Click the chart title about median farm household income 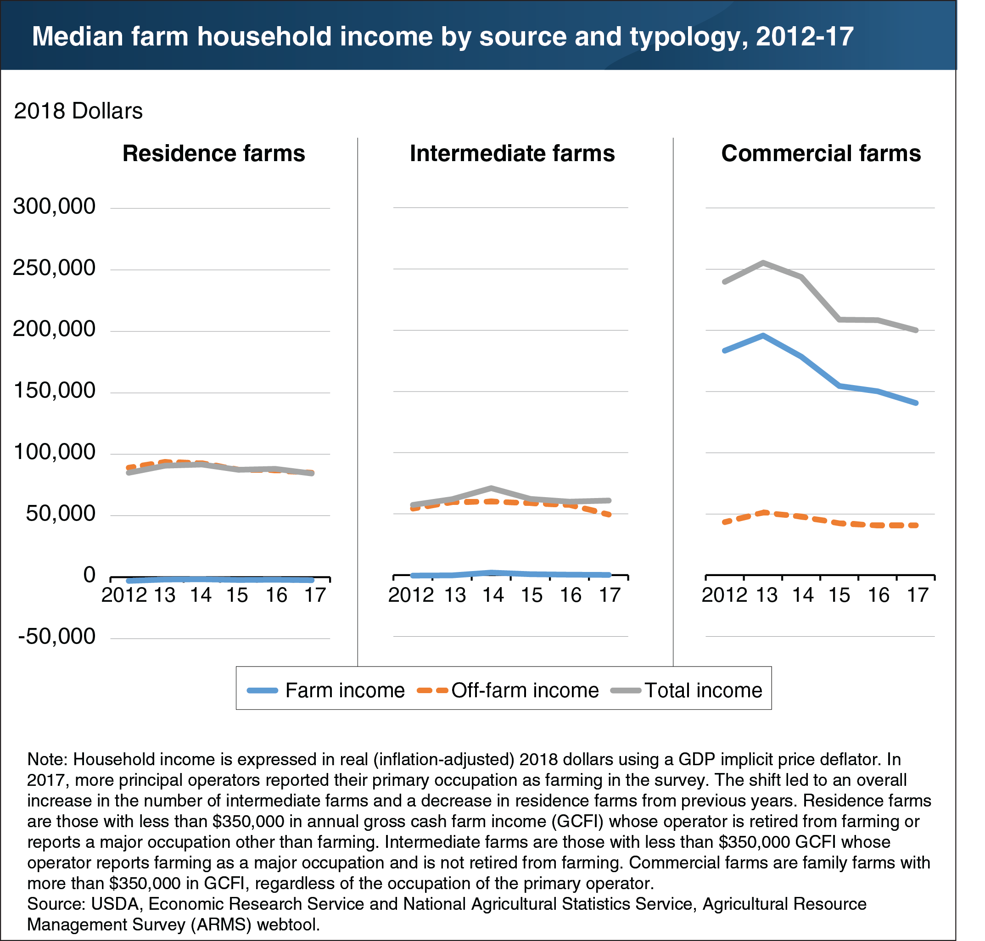[x=442, y=36]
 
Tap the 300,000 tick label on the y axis [x=54, y=206]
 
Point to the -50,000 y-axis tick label [x=56, y=636]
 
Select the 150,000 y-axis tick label [x=54, y=390]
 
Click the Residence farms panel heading [x=213, y=153]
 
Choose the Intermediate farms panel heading [x=512, y=153]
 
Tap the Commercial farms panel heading [x=821, y=153]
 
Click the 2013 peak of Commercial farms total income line [x=763, y=263]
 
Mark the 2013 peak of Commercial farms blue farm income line [x=763, y=335]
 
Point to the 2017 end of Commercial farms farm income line [x=916, y=403]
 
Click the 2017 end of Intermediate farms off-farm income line [x=608, y=514]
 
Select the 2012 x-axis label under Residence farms [x=124, y=595]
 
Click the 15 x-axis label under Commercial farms [x=839, y=595]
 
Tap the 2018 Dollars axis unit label [x=78, y=111]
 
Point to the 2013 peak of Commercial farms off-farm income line [x=763, y=512]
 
